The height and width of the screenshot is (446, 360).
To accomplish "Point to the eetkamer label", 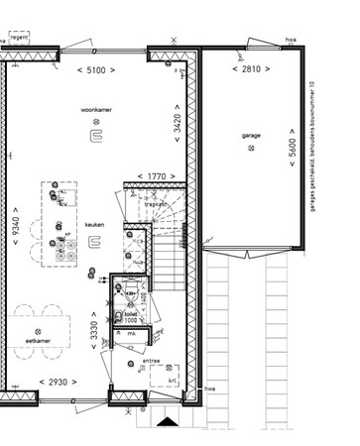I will (x=39, y=340).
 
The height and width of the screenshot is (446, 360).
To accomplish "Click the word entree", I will (x=152, y=360).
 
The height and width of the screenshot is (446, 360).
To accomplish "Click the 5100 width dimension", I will (x=93, y=70).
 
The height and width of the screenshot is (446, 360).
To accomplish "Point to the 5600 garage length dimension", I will (x=295, y=155).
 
